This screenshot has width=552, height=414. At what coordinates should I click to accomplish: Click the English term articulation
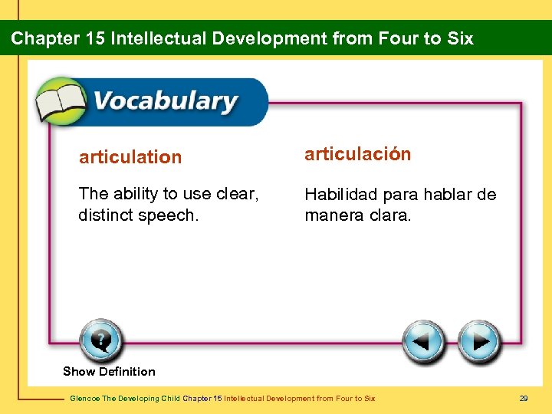pos(130,157)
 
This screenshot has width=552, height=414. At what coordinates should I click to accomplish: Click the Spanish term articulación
pos(358,154)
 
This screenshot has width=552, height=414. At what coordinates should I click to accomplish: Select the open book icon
pos(61,101)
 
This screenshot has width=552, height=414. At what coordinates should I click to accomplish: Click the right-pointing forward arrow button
pos(479,341)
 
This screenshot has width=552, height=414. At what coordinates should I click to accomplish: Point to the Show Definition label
pos(109,372)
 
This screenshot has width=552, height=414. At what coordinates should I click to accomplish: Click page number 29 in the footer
pos(524,398)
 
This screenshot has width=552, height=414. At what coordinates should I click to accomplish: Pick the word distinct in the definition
pos(103,216)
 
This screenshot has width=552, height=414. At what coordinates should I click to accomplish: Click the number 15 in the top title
pos(95,38)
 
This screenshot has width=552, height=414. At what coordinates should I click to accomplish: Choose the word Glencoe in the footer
pos(84,398)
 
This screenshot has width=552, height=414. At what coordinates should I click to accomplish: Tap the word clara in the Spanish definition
pos(389,216)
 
